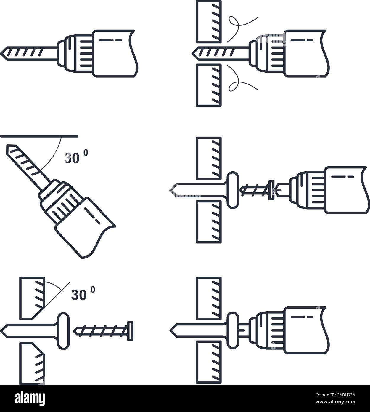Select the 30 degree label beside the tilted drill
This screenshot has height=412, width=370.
(75, 157)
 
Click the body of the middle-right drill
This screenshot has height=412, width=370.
(346, 190)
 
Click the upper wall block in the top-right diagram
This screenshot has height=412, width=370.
(208, 21)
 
